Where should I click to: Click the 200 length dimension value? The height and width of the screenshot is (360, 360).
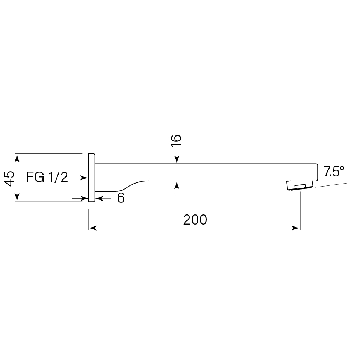195,220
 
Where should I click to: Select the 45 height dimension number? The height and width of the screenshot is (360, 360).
10,178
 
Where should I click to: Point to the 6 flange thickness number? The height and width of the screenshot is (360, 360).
121,198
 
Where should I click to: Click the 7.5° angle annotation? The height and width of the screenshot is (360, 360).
334,172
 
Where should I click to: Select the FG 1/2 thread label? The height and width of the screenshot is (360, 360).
47,177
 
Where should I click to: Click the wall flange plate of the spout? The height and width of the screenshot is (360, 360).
91,178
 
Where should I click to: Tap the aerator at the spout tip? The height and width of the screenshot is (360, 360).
300,185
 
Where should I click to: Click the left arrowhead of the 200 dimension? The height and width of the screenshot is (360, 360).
92,228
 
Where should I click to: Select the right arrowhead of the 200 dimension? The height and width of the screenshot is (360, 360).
297,228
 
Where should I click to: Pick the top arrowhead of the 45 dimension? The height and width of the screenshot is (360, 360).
17,157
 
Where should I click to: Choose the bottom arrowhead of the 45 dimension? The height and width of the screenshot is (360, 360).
17,198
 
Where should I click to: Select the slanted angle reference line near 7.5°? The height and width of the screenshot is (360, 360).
331,185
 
